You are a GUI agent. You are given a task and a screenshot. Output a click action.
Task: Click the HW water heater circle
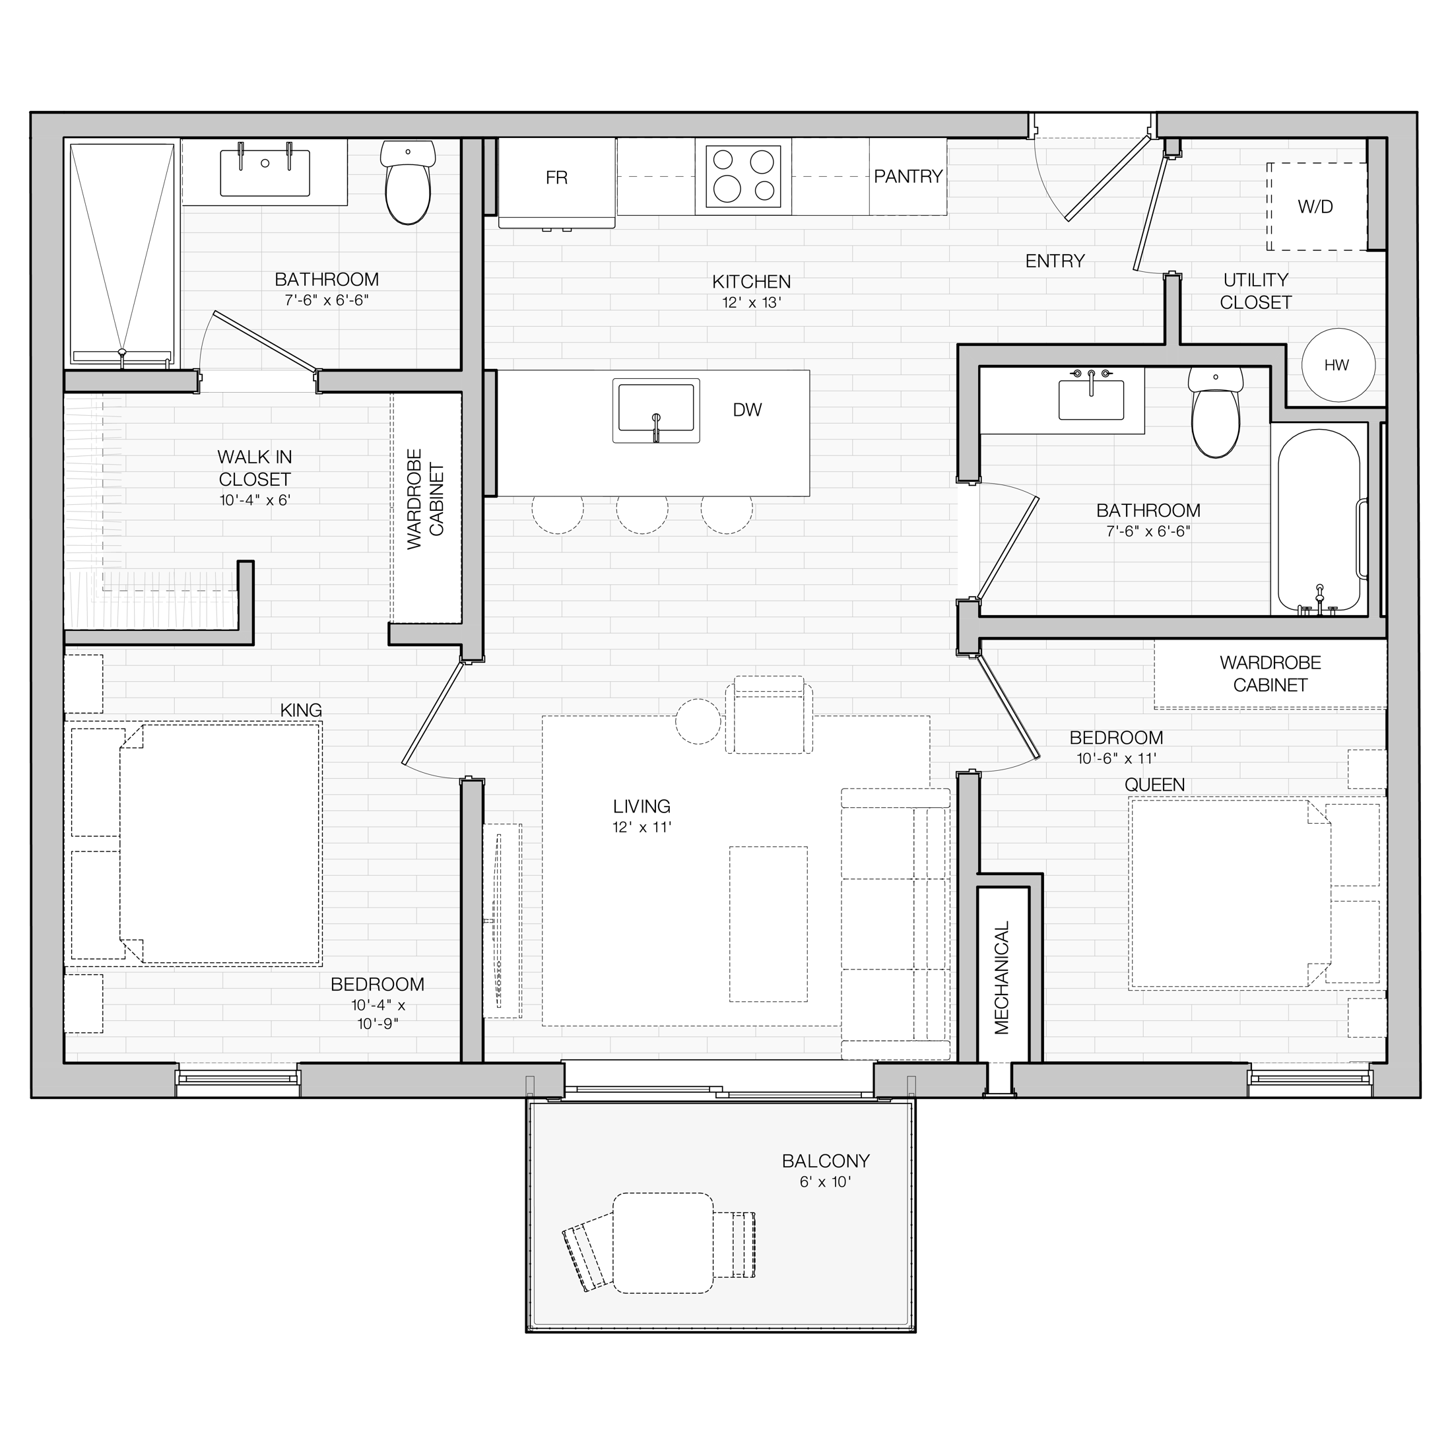(x=1338, y=365)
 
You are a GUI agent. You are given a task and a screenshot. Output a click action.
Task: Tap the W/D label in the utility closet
(x=1315, y=207)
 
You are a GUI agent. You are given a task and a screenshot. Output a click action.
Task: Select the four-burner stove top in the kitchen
(x=743, y=177)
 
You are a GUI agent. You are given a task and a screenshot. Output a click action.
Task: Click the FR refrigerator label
(x=557, y=178)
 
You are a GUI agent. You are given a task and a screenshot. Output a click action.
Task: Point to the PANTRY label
(x=908, y=177)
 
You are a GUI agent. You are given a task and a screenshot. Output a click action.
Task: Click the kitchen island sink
(x=656, y=411)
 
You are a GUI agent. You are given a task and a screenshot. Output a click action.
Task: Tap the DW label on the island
(x=747, y=410)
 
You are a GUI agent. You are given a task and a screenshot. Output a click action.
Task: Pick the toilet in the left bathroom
(x=408, y=183)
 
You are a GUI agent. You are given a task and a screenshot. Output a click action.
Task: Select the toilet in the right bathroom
(x=1216, y=413)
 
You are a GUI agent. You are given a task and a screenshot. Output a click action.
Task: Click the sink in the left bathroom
(x=265, y=172)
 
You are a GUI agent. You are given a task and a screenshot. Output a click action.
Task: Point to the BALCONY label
(x=825, y=1161)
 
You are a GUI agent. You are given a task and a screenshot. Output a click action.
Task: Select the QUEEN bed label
(x=1154, y=785)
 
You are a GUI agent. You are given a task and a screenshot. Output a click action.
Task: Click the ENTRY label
(x=1055, y=261)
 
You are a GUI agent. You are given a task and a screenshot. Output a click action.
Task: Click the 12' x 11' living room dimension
(x=641, y=828)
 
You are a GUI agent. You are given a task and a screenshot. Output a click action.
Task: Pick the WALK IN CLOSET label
(x=255, y=467)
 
